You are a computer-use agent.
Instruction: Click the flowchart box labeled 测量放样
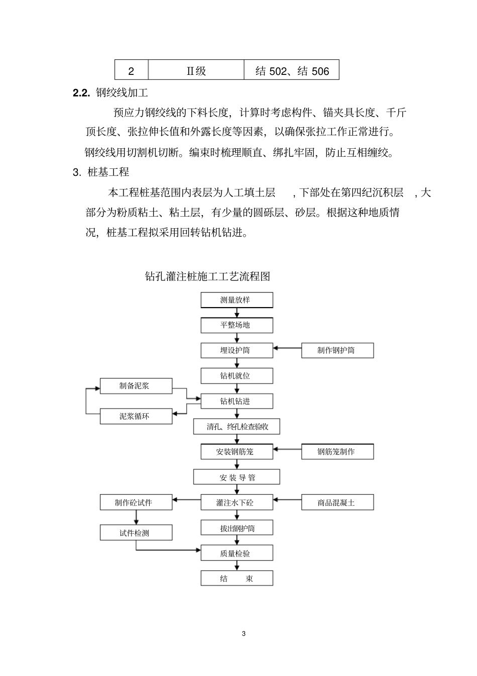pyautogui.click(x=236, y=300)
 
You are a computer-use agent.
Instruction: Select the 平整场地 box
pyautogui.click(x=236, y=325)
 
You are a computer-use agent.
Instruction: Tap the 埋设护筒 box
pyautogui.click(x=236, y=350)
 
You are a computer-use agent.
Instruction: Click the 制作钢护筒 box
pyautogui.click(x=337, y=350)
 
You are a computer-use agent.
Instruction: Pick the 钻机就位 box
pyautogui.click(x=236, y=375)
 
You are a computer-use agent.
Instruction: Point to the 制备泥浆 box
pyautogui.click(x=136, y=386)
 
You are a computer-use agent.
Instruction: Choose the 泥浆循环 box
pyautogui.click(x=136, y=416)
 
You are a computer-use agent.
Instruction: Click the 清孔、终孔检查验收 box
pyautogui.click(x=236, y=427)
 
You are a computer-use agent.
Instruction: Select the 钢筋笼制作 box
pyautogui.click(x=337, y=452)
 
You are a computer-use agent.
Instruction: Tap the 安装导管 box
pyautogui.click(x=236, y=477)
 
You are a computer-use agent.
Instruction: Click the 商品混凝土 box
pyautogui.click(x=337, y=502)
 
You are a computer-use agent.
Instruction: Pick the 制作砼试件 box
pyautogui.click(x=136, y=502)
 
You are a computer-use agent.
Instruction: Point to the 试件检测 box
pyautogui.click(x=136, y=533)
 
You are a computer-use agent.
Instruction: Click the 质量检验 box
pyautogui.click(x=236, y=553)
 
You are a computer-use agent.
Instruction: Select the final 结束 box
pyautogui.click(x=236, y=578)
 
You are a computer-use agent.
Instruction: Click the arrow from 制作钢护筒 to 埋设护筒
pyautogui.click(x=287, y=347)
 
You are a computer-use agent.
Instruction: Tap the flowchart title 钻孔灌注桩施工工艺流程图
pyautogui.click(x=207, y=276)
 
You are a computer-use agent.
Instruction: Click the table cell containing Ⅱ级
pyautogui.click(x=196, y=71)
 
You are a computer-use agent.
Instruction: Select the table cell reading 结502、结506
pyautogui.click(x=292, y=71)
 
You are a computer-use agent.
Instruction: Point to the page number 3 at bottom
pyautogui.click(x=244, y=633)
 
